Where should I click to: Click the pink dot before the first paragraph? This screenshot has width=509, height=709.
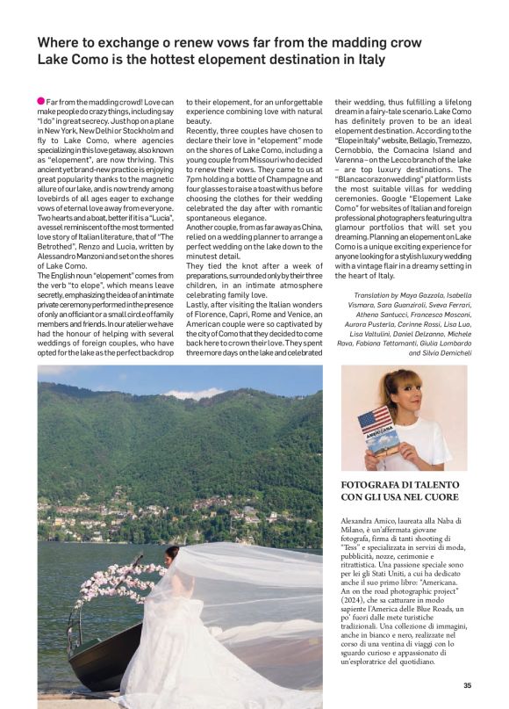[x=41, y=102]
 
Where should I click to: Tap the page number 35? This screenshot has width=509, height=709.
[x=467, y=685]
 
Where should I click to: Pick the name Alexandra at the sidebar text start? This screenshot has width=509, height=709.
[x=362, y=521]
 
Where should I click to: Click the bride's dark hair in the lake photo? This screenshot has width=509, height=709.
[x=173, y=553]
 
